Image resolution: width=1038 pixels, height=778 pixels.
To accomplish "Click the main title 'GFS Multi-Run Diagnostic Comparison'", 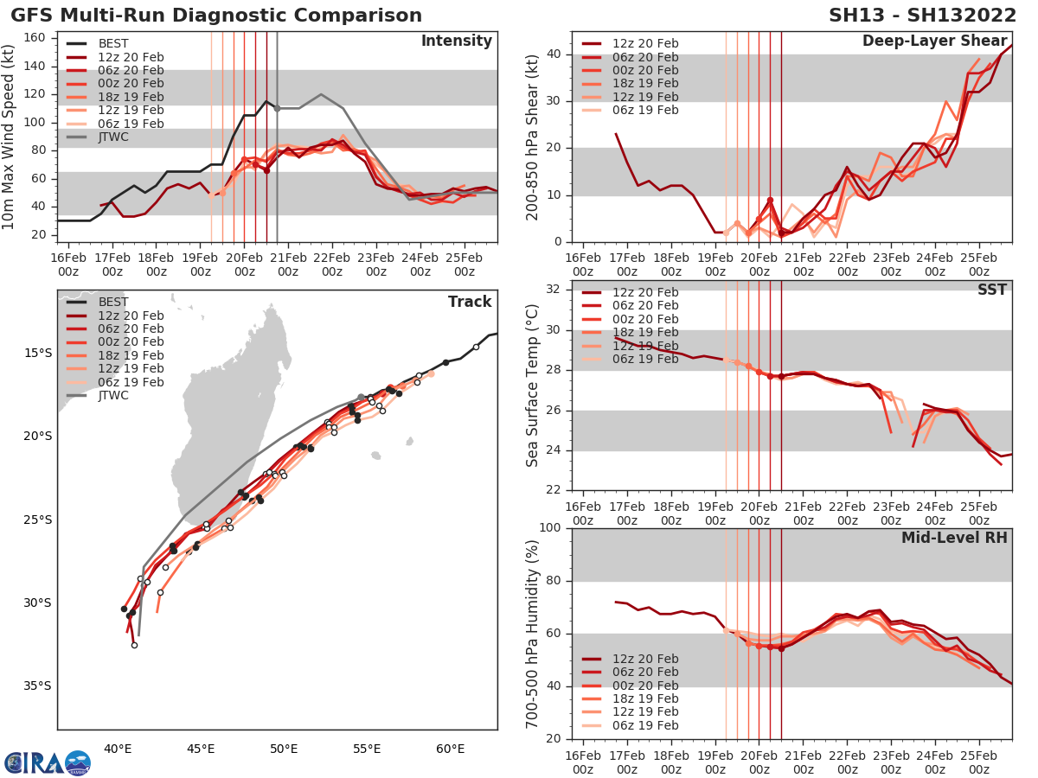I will point(216,16).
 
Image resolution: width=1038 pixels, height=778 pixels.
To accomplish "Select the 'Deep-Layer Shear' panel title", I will point(934,41).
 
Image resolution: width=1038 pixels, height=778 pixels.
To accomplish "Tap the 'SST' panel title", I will point(991,290).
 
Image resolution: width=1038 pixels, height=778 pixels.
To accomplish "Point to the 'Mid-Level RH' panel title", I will point(954,538).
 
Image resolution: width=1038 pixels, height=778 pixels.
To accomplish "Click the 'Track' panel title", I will point(470,302).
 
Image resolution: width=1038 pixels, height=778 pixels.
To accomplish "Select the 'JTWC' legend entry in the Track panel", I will point(113,396).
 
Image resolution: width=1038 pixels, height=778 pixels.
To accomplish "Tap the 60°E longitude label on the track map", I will point(451,749).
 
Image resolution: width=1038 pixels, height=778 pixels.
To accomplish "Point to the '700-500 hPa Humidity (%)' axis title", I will point(534,634).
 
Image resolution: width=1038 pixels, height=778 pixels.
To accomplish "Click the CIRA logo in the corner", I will point(47,762).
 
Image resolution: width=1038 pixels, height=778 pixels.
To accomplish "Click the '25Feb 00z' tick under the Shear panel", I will point(979,265).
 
